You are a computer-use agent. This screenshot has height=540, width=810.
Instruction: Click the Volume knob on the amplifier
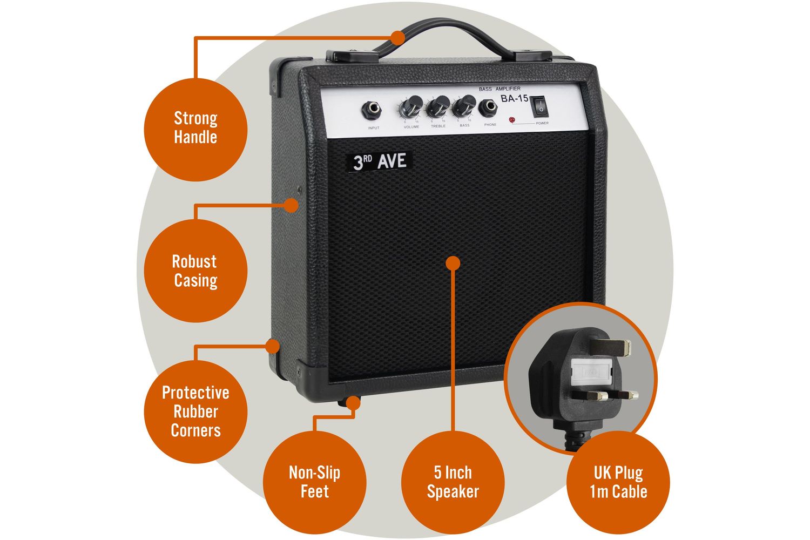(x=413, y=106)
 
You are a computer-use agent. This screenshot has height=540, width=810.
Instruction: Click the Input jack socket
(x=373, y=109)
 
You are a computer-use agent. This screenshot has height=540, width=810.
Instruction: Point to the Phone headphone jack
(x=490, y=106)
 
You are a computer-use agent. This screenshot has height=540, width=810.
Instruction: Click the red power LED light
(x=511, y=119)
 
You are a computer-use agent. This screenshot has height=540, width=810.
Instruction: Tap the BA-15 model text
(x=514, y=98)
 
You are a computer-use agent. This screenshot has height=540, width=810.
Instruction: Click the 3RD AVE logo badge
(x=379, y=161)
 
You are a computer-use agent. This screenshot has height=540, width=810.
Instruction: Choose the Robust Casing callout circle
(x=195, y=271)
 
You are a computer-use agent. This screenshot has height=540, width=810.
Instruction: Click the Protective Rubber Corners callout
(x=195, y=411)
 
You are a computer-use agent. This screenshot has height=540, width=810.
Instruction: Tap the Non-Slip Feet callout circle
(x=314, y=482)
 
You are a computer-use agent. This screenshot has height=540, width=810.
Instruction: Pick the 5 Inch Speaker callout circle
(x=453, y=482)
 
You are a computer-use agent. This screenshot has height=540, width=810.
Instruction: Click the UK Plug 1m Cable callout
(x=618, y=482)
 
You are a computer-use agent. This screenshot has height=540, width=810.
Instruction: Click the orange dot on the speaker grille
(x=453, y=263)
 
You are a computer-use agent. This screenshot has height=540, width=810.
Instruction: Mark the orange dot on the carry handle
(x=398, y=37)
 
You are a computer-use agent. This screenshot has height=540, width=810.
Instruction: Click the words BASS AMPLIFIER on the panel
(x=500, y=88)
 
